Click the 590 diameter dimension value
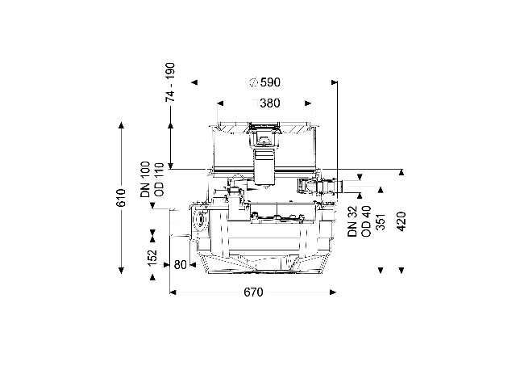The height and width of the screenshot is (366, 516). (270, 82)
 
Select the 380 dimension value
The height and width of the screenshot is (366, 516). (270, 103)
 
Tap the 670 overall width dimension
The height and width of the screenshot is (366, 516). (253, 292)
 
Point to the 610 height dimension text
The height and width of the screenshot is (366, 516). (121, 197)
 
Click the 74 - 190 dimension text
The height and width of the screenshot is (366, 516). (170, 82)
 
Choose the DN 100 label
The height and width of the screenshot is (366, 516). (145, 179)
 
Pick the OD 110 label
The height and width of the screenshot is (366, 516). (159, 179)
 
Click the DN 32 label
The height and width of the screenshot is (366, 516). (352, 221)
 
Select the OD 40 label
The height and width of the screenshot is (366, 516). (366, 221)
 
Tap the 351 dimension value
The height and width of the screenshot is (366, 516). (380, 221)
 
